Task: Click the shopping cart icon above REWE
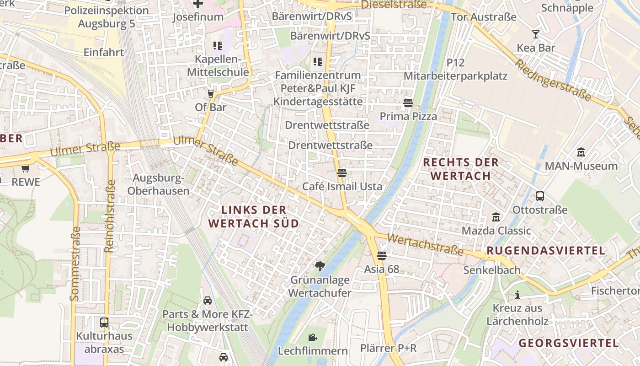pyautogui.click(x=25, y=168)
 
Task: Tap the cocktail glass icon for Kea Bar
pyautogui.click(x=536, y=34)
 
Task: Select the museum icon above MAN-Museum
pyautogui.click(x=581, y=152)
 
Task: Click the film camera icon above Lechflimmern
pyautogui.click(x=313, y=337)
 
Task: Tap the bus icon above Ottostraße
pyautogui.click(x=540, y=196)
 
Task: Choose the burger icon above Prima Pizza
pyautogui.click(x=408, y=103)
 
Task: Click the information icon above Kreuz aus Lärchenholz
pyautogui.click(x=517, y=295)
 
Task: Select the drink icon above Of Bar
pyautogui.click(x=210, y=93)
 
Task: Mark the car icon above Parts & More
pyautogui.click(x=208, y=301)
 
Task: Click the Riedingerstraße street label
pyautogui.click(x=553, y=81)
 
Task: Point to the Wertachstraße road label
pyautogui.click(x=425, y=245)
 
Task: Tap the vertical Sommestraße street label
pyautogui.click(x=75, y=264)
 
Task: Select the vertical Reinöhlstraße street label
pyautogui.click(x=109, y=216)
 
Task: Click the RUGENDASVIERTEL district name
pyautogui.click(x=546, y=251)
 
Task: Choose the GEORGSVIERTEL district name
pyautogui.click(x=569, y=343)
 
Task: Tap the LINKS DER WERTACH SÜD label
pyautogui.click(x=254, y=216)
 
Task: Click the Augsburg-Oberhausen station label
pyautogui.click(x=158, y=184)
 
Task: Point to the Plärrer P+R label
pyautogui.click(x=388, y=348)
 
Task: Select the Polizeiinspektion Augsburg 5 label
pyautogui.click(x=107, y=17)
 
